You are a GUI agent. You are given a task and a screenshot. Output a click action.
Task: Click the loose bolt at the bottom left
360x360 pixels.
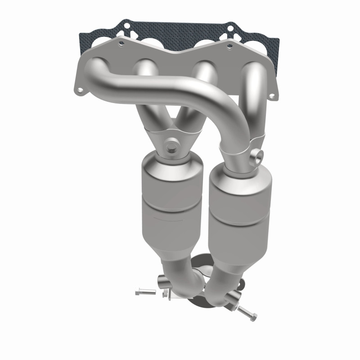pyautogui.click(x=145, y=292)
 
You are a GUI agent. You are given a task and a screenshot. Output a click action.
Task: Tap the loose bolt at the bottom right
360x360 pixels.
pyautogui.click(x=246, y=311)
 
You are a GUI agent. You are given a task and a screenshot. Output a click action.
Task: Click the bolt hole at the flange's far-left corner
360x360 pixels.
pyautogui.click(x=80, y=90)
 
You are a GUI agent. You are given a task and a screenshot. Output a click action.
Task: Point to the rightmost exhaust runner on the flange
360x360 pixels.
pyautogui.click(x=255, y=90)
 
